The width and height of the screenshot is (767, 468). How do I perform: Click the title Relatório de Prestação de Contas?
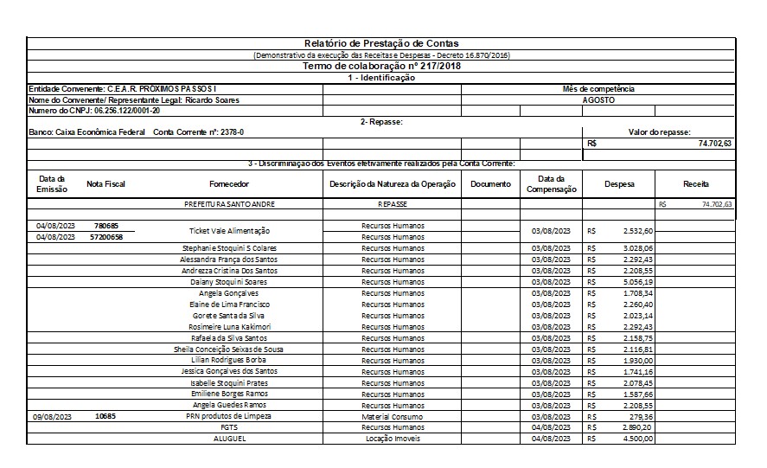pyautogui.click(x=381, y=43)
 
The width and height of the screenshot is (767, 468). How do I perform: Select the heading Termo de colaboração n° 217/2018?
pyautogui.click(x=381, y=66)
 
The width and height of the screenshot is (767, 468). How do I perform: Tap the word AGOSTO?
pyautogui.click(x=598, y=99)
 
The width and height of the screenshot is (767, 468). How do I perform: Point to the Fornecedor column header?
pyautogui.click(x=229, y=184)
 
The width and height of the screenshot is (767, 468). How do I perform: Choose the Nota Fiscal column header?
pyautogui.click(x=106, y=184)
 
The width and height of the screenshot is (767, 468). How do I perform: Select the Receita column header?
pyautogui.click(x=695, y=184)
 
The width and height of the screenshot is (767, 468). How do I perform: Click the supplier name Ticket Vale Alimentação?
pyautogui.click(x=229, y=231)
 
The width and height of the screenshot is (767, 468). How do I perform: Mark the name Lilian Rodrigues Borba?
pyautogui.click(x=229, y=360)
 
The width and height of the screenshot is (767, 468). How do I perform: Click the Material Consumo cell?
pyautogui.click(x=393, y=416)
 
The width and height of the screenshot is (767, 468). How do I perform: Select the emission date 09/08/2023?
pyautogui.click(x=54, y=416)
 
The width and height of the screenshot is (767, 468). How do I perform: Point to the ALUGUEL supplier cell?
pyautogui.click(x=229, y=439)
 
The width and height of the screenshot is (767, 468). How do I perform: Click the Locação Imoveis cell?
pyautogui.click(x=393, y=439)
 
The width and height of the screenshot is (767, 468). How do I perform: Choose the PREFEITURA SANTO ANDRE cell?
pyautogui.click(x=229, y=204)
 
